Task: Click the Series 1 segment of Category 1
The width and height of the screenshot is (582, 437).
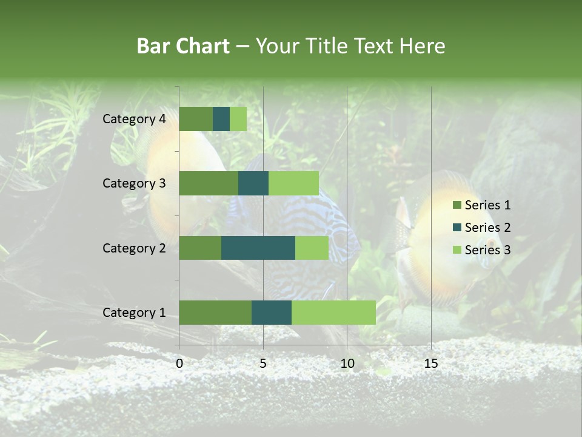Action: [215, 313]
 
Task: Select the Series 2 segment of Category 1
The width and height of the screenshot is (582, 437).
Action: [272, 313]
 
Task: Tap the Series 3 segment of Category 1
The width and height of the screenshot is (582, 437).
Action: [333, 313]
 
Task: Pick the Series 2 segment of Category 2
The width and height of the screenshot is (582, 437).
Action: [258, 248]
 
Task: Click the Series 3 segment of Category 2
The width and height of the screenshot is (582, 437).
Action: [312, 248]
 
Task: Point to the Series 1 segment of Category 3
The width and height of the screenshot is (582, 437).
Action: [209, 183]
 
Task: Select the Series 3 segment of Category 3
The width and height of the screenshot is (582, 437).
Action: [293, 183]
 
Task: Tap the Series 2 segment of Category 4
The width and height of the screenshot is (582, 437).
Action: [221, 119]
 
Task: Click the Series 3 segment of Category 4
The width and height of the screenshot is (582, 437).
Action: [238, 119]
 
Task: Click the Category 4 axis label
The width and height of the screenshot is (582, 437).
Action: [134, 119]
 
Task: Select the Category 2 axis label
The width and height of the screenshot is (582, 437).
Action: [134, 248]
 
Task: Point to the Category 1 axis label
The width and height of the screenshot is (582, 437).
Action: [134, 313]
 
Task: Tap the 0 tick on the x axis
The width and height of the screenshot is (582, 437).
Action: [179, 364]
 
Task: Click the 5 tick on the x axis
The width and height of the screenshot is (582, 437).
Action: [263, 364]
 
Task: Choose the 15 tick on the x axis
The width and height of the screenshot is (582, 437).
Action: [430, 364]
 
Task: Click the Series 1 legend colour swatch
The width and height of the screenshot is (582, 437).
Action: [457, 205]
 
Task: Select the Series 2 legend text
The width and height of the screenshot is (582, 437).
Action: [487, 228]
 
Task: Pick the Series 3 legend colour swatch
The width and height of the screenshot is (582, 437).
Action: [457, 250]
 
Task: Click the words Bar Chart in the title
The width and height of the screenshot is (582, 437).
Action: [183, 46]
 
